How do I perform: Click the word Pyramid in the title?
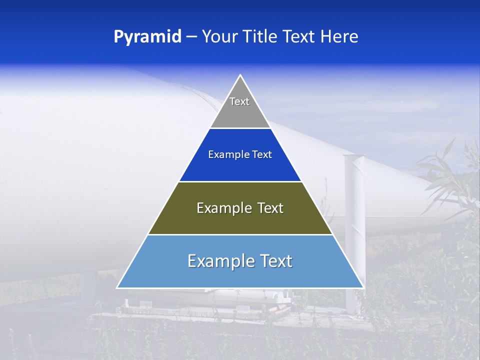[147, 37]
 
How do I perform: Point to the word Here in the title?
[339, 37]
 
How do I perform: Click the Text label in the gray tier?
[239, 101]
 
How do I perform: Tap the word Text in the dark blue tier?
[262, 155]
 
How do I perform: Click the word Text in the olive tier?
[270, 208]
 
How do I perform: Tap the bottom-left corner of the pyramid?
[117, 287]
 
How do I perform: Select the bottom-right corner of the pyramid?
[363, 287]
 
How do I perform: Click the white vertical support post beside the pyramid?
[354, 225]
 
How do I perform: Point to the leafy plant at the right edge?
[450, 180]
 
